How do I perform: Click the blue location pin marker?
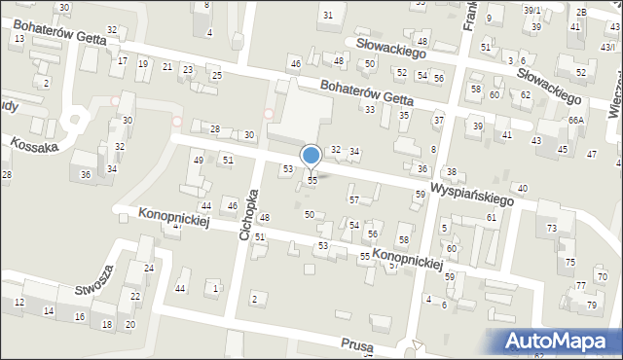tap(311, 157)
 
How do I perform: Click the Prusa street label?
tap(357, 345)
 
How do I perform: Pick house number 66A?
tap(576, 120)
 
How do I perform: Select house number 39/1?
tap(531, 10)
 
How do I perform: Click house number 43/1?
tap(608, 47)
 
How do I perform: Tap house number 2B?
tap(581, 12)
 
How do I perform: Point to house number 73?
tap(552, 228)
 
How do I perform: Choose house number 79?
tap(591, 306)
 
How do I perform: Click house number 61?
tap(492, 217)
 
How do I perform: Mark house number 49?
tap(199, 161)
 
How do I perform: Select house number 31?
tap(328, 15)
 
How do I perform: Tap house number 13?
tap(18, 37)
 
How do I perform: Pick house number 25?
tap(217, 76)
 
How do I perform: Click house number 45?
tap(563, 149)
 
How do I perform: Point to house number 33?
tap(370, 109)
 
